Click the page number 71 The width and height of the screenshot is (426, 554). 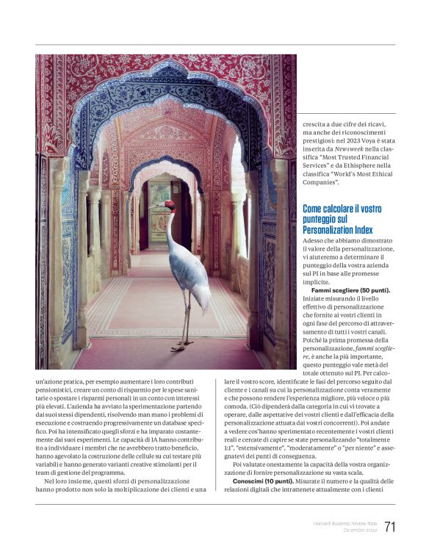pos(389,527)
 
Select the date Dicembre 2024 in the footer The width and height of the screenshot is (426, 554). pos(355,530)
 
